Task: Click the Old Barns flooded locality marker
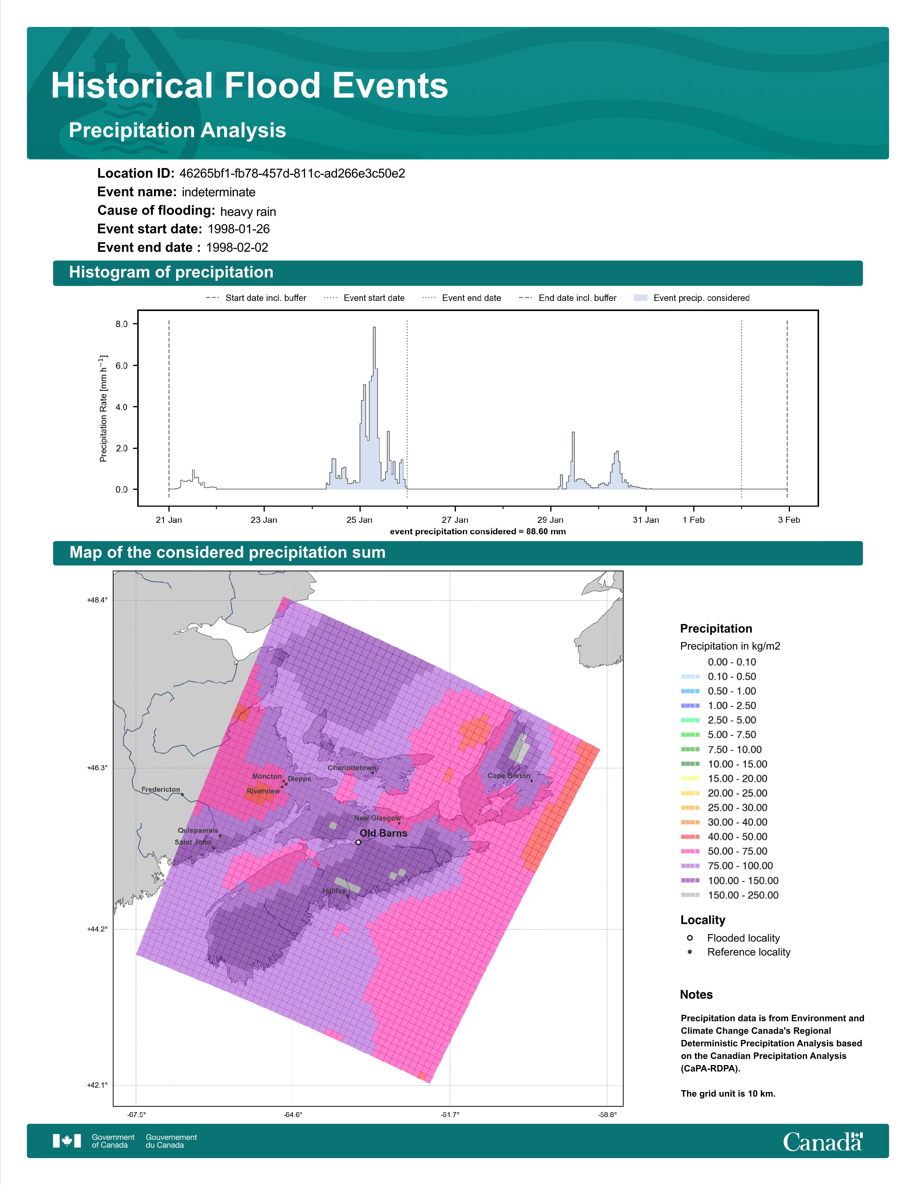pyautogui.click(x=358, y=842)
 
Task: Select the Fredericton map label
pyautogui.click(x=161, y=789)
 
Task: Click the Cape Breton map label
pyautogui.click(x=508, y=775)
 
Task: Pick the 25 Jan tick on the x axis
pyautogui.click(x=359, y=520)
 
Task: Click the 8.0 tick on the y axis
pyautogui.click(x=121, y=324)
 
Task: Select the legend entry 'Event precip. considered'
pyautogui.click(x=691, y=298)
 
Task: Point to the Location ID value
pyautogui.click(x=292, y=174)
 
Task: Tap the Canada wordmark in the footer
pyautogui.click(x=823, y=1142)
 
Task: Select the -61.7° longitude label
pyautogui.click(x=450, y=1115)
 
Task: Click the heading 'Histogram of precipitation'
pyautogui.click(x=171, y=273)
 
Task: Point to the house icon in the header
pyautogui.click(x=111, y=53)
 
